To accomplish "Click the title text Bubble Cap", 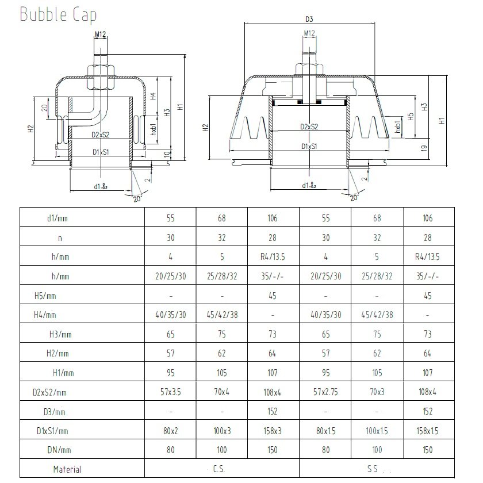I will (x=58, y=14).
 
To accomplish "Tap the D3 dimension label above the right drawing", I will (x=309, y=19).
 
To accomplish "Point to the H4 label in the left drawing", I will (x=154, y=97).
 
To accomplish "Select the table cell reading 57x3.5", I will (x=170, y=392).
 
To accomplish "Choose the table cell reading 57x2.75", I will (x=326, y=392).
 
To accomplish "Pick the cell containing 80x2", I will (x=170, y=431).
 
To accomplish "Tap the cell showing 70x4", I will (x=221, y=392).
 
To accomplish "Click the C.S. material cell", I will (x=221, y=469).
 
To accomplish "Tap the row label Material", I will (x=67, y=469).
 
